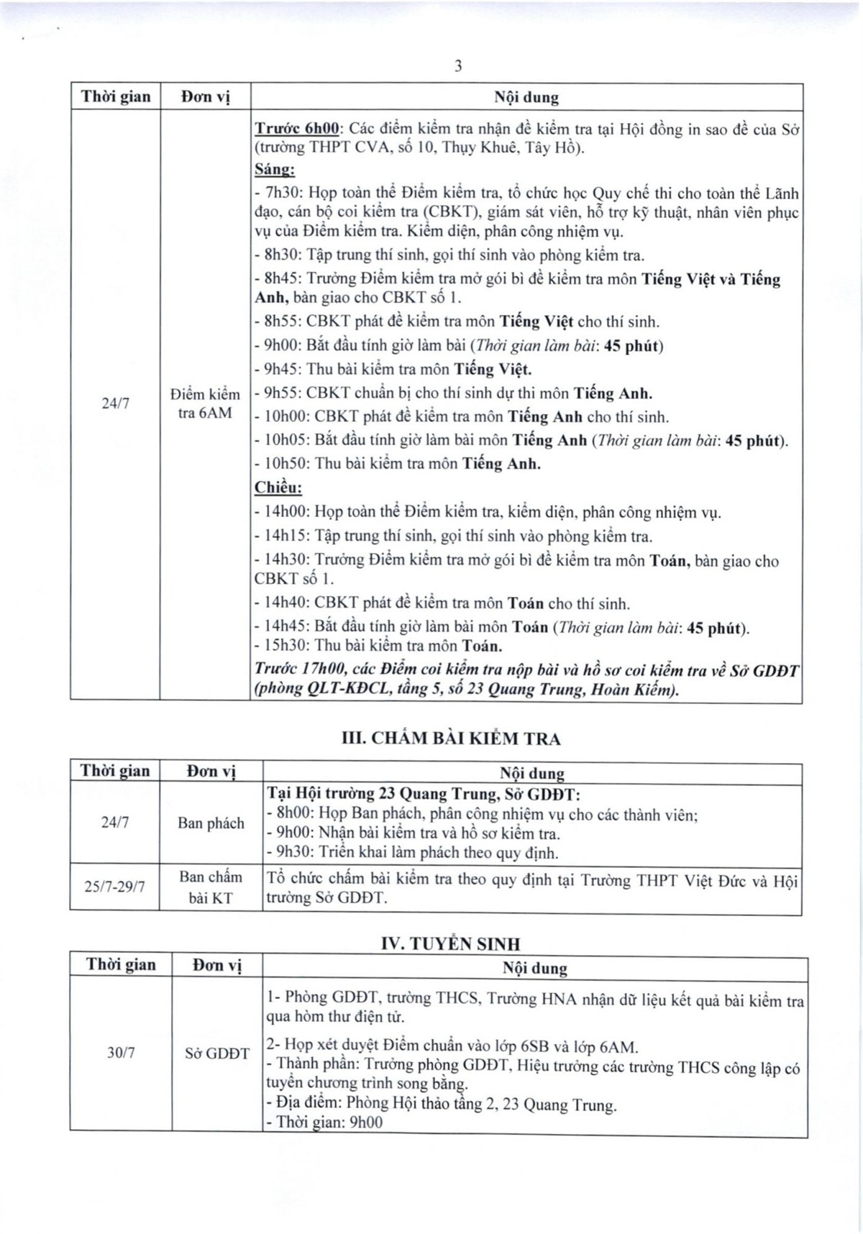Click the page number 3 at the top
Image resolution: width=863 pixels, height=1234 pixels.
tap(458, 67)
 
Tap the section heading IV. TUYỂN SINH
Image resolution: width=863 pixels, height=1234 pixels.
tap(451, 943)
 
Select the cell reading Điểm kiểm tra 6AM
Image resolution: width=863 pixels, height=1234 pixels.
tap(205, 403)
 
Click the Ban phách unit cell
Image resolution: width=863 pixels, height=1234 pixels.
tap(211, 823)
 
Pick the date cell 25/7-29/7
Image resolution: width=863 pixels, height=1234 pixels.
tap(115, 887)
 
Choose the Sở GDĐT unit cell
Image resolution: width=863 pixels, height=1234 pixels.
tap(216, 1054)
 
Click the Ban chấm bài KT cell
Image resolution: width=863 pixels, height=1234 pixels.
tap(211, 887)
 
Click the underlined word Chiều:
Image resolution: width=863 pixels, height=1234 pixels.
tap(278, 488)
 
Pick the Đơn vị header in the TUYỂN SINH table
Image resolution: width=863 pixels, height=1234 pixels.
tap(216, 966)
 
